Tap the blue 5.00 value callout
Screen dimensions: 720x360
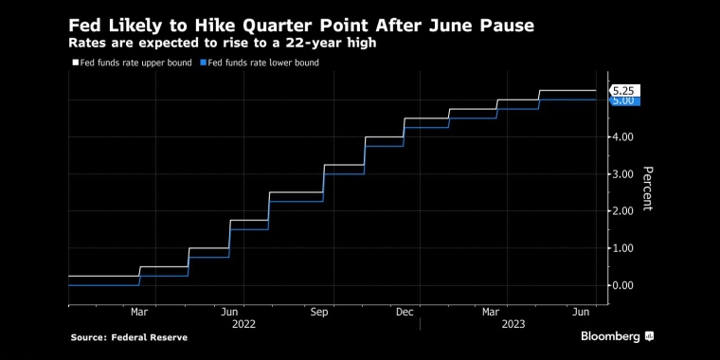(624, 100)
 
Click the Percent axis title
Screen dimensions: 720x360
(647, 189)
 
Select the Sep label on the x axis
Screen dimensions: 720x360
(318, 313)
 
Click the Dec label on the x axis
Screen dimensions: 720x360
(405, 313)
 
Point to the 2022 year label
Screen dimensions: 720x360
(243, 325)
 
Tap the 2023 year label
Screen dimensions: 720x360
(513, 325)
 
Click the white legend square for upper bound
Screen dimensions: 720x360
(76, 63)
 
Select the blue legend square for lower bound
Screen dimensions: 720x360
(204, 63)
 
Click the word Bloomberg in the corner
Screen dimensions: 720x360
(610, 336)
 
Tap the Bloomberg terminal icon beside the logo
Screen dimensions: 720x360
(649, 336)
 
